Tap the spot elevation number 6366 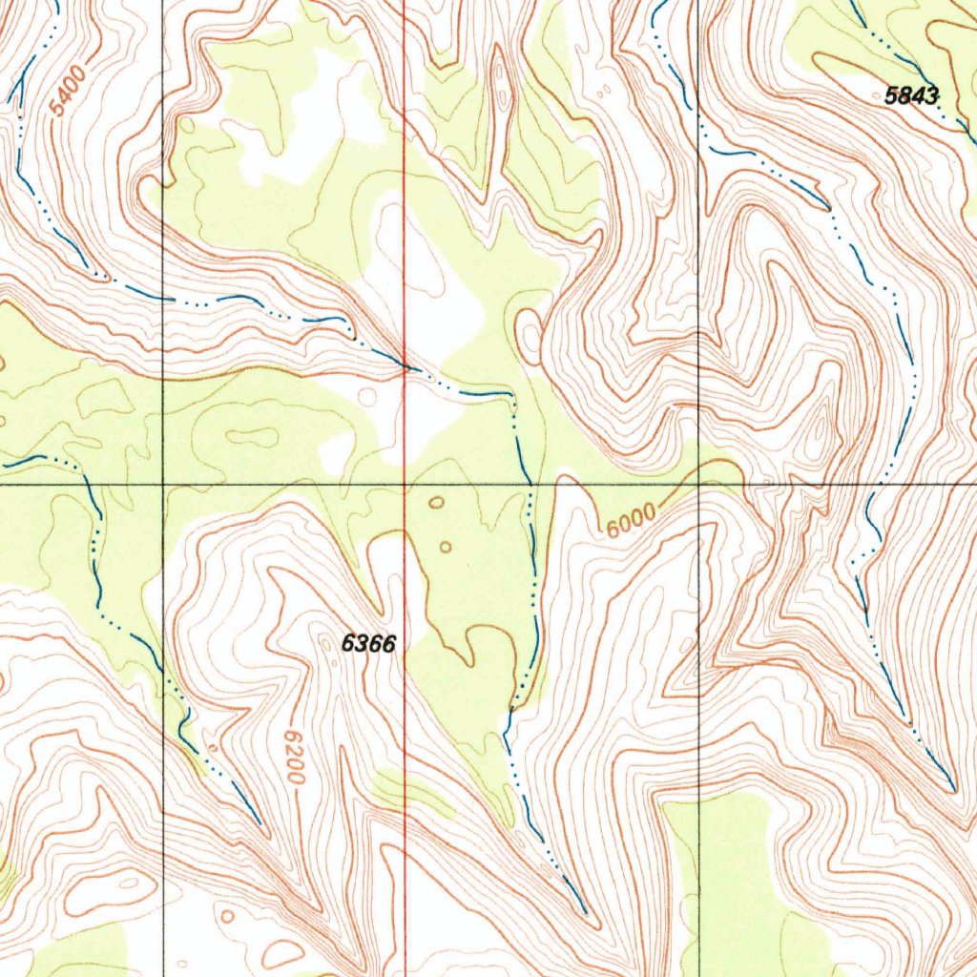click(x=368, y=644)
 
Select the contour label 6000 click(x=629, y=520)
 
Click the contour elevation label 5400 click(x=69, y=92)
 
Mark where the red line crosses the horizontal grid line click(x=405, y=485)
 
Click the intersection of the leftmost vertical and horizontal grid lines click(x=163, y=485)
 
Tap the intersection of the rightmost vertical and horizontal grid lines click(x=699, y=485)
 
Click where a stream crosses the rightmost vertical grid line click(x=699, y=127)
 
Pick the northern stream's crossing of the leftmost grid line click(x=163, y=299)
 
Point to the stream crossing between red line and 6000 click(x=530, y=485)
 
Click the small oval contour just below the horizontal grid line click(x=436, y=502)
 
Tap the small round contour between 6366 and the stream click(x=446, y=547)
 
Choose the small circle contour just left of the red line click(x=364, y=394)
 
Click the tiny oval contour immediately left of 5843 click(x=603, y=92)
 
